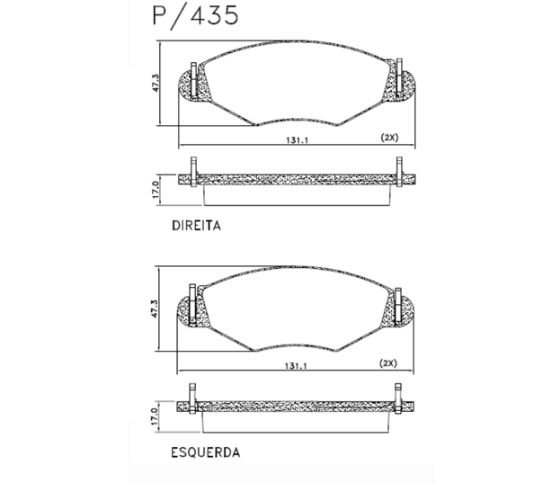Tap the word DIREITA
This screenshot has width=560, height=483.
(197, 226)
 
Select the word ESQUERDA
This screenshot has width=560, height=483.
(205, 452)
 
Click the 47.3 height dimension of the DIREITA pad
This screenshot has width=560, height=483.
(156, 83)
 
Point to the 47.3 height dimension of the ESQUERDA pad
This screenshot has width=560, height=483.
(154, 309)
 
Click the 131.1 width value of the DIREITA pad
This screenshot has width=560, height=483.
(297, 140)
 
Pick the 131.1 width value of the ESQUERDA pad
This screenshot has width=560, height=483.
(296, 366)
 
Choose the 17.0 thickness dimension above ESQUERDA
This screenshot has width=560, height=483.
(154, 416)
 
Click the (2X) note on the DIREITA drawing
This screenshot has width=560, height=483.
(389, 138)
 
